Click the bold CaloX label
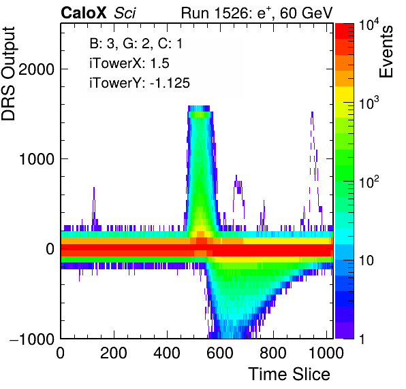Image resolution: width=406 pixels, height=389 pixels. (x=84, y=13)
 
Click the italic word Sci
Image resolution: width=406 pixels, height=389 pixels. (x=125, y=13)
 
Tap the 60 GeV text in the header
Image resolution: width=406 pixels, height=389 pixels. (x=306, y=13)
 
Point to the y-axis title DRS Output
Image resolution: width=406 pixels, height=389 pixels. (x=8, y=73)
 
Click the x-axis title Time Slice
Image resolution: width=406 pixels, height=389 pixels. (x=290, y=374)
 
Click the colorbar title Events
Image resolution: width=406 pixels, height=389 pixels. (x=386, y=52)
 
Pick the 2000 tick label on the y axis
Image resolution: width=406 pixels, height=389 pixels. (x=36, y=69)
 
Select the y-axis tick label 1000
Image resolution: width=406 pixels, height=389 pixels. (x=36, y=158)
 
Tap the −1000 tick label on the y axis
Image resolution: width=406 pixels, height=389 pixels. (x=32, y=339)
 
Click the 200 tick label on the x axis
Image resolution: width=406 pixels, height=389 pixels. (x=114, y=352)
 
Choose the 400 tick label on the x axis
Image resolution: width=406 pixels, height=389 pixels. (x=167, y=352)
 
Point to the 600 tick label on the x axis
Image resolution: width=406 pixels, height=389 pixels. (x=220, y=352)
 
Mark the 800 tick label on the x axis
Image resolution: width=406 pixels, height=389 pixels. (x=273, y=352)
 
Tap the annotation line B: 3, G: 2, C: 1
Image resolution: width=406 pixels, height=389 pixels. (x=136, y=44)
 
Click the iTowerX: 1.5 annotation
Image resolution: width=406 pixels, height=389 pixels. (x=129, y=63)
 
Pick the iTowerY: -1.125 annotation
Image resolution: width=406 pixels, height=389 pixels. (x=140, y=83)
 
